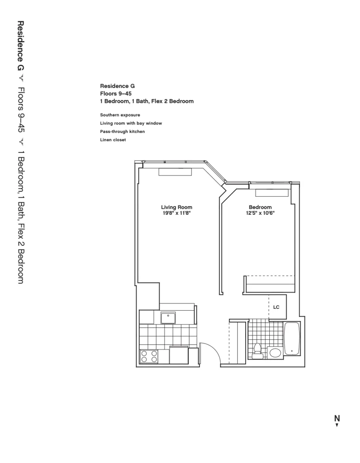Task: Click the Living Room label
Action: (x=176, y=207)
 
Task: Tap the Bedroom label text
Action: (x=260, y=207)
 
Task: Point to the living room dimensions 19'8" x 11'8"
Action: (x=176, y=213)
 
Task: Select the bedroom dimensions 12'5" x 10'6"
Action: (x=260, y=213)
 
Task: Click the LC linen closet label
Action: (x=276, y=307)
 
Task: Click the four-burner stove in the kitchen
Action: (x=149, y=356)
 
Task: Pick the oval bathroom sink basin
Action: (x=275, y=354)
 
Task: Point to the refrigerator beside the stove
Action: (x=179, y=356)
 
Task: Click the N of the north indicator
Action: (x=337, y=418)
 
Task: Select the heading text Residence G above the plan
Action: (x=117, y=86)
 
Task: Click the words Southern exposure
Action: (x=120, y=114)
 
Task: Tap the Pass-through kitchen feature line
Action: (x=123, y=131)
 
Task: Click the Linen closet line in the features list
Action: (x=113, y=140)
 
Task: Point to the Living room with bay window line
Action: (x=131, y=123)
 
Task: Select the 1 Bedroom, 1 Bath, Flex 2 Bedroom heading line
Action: (x=147, y=101)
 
